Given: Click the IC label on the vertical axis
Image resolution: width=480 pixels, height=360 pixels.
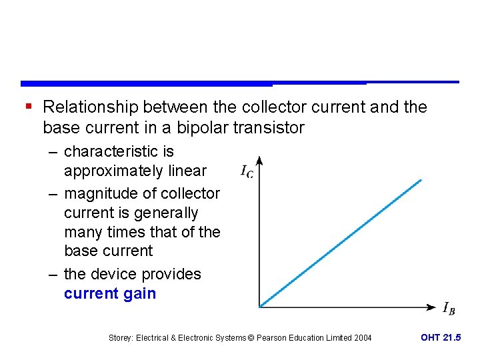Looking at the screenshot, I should (247, 171).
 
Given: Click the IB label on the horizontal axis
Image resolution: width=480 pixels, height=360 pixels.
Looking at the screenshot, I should (449, 308).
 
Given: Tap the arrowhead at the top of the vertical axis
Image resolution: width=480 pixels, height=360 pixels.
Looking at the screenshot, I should (259, 161).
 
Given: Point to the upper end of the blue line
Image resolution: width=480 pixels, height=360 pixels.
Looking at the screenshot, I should (421, 179).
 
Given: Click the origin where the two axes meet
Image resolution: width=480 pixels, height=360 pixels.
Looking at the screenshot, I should (259, 307).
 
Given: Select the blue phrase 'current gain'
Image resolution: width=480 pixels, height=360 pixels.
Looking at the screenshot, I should (110, 293).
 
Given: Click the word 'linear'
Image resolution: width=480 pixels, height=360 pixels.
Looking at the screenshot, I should (189, 171).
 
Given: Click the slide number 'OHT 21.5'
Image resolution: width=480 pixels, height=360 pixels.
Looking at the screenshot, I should (441, 337).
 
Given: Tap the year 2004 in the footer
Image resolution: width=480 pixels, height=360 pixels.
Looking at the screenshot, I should (363, 338).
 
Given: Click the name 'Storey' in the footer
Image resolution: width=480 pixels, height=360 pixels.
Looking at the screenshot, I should (121, 338).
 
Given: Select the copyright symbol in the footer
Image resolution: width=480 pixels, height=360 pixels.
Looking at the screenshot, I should (251, 338).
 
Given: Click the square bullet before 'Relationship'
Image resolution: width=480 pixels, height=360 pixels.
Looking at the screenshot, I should (27, 106).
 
